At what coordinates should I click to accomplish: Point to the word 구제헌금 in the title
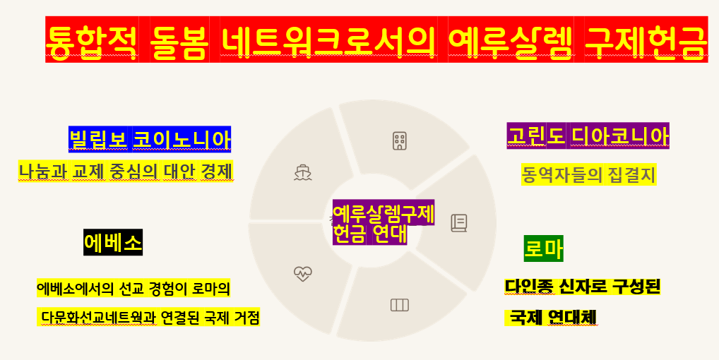[x=646, y=40]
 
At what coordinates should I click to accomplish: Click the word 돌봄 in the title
[x=179, y=40]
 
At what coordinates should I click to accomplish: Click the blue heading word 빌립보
[x=99, y=139]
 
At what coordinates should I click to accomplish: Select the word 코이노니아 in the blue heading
[x=182, y=139]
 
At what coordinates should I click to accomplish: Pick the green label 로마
[x=543, y=248]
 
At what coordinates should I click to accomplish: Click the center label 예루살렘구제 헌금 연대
[x=383, y=222]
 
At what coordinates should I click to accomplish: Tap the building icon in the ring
[x=400, y=140]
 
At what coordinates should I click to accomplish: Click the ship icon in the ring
[x=303, y=172]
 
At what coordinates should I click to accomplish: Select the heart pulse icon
[x=303, y=273]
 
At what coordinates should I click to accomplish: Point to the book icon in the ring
[x=459, y=223]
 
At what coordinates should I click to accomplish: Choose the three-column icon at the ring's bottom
[x=400, y=305]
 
